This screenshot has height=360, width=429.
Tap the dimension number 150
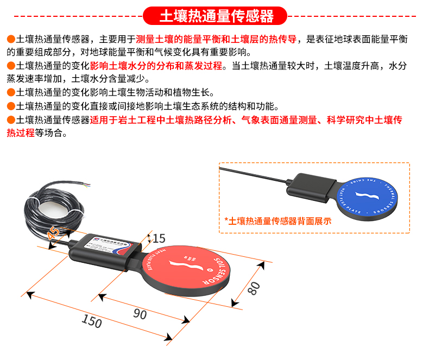[91, 321]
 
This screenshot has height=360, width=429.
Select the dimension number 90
[140, 314]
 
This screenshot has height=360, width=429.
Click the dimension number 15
[159, 238]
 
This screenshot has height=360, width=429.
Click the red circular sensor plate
[188, 271]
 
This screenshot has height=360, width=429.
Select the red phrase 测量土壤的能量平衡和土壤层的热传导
[216, 40]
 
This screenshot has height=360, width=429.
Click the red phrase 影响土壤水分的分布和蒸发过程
[156, 66]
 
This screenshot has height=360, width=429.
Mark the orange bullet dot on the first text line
[10, 40]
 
